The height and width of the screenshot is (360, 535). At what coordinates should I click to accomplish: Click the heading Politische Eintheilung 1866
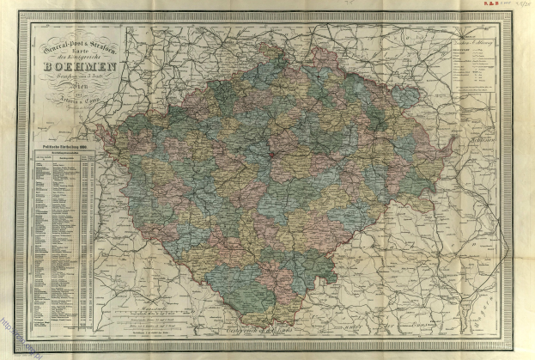[x=66, y=149]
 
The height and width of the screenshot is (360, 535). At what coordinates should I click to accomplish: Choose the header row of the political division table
[x=66, y=158]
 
